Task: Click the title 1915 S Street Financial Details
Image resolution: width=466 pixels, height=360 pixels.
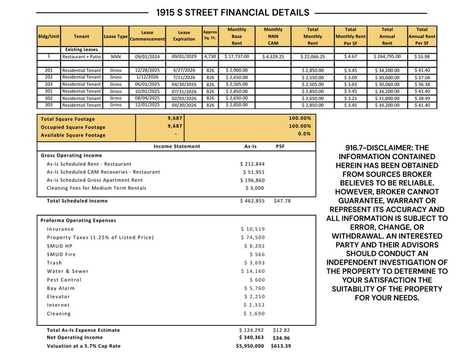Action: pos(233,12)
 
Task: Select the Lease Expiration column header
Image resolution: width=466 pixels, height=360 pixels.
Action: pos(184,36)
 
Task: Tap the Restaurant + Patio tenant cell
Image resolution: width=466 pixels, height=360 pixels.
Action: pos(81,56)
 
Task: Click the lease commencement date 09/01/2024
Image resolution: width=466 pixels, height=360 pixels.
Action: pos(147,56)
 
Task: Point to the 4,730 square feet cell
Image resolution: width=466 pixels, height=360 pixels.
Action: pos(210,56)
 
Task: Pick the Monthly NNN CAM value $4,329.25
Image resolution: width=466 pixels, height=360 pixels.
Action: pos(272,56)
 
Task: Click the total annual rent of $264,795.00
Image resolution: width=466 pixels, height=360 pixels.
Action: pos(387,56)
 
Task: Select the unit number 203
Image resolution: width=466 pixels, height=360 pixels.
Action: pos(48,84)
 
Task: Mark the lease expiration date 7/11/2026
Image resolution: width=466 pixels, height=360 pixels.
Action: pos(184,78)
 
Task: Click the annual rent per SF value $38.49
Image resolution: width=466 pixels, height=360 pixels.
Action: pos(422,98)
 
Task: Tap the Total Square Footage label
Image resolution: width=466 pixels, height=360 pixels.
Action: pos(67,119)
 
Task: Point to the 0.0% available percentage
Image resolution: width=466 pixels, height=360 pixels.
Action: pos(304,134)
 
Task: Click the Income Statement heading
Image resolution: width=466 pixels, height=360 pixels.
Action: pos(176,147)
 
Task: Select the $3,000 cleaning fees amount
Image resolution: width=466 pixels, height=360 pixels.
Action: pos(255,188)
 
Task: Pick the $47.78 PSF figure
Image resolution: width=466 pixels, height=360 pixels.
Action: pos(282,201)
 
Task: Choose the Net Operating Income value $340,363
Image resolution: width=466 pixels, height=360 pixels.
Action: pos(251,337)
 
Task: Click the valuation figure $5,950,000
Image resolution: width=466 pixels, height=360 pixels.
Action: pos(250,346)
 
